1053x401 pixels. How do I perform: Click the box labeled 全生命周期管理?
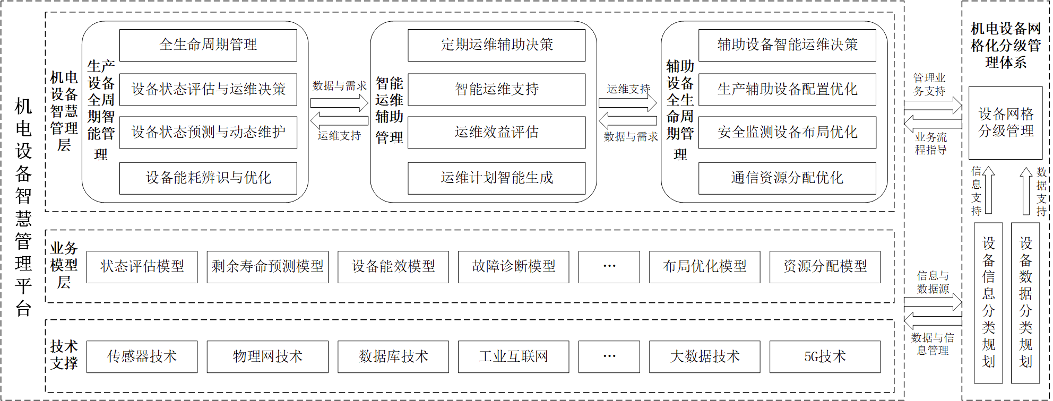pos(208,45)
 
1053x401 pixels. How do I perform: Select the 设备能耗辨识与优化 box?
pos(208,178)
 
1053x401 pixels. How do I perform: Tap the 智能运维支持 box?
pos(497,89)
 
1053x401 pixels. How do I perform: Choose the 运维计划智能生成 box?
pos(497,178)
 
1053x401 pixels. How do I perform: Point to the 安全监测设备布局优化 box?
pos(788,133)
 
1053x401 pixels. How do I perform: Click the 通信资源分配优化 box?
pos(788,178)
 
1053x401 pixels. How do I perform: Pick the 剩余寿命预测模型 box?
pos(267,267)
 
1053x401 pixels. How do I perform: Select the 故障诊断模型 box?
pos(514,267)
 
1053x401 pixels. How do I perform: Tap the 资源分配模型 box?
pos(825,267)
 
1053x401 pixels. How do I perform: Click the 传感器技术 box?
pos(142,357)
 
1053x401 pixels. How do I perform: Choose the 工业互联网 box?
pos(514,357)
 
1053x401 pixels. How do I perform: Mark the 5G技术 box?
pos(825,357)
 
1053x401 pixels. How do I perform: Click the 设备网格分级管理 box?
pos(1006,123)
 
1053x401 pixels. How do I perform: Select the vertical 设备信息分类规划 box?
pos(988,303)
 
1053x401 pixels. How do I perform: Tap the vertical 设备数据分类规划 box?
pos(1025,303)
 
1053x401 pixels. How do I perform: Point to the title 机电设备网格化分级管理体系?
pos(1006,46)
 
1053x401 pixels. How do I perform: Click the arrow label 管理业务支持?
pos(929,85)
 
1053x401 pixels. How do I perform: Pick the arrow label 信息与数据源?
pos(933,282)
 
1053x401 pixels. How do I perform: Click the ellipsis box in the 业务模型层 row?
pos(609,267)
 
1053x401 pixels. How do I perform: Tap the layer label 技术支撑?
pos(64,355)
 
